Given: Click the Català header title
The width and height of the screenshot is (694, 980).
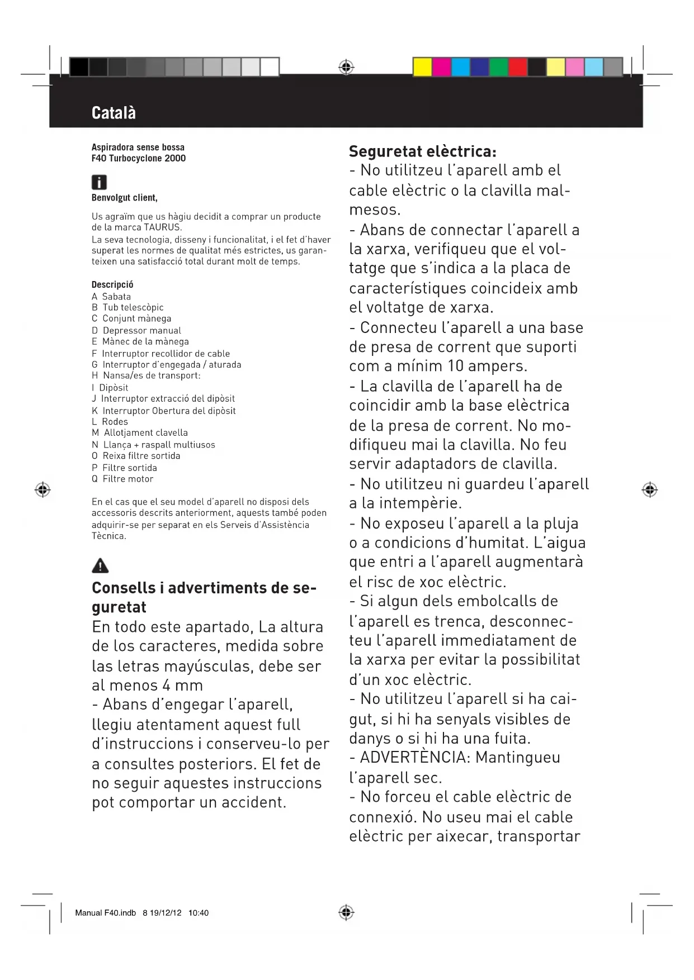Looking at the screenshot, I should click(114, 113).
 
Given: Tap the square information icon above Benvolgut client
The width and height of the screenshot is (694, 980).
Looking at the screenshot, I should click(99, 182).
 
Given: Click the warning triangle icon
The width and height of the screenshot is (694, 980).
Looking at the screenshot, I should click(100, 565).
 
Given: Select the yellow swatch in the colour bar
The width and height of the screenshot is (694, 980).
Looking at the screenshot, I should click(422, 67).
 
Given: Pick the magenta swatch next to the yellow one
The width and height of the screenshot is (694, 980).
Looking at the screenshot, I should click(442, 67).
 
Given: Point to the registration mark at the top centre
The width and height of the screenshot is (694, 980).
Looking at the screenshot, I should click(347, 68).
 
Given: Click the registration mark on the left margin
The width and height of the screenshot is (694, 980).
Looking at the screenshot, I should click(43, 490).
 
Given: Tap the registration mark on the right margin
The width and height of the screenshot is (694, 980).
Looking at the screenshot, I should click(649, 490).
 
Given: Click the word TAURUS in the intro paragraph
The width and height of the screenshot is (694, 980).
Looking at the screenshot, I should click(162, 227).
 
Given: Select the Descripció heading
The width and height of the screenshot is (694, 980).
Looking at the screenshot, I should click(112, 284).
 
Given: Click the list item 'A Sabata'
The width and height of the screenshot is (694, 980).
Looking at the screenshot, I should click(111, 297).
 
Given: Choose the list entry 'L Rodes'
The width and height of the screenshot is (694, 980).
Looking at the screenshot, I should click(110, 422).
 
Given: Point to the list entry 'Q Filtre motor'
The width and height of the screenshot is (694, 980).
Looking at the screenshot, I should click(122, 479).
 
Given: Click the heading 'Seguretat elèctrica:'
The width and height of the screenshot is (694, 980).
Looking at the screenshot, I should click(422, 151).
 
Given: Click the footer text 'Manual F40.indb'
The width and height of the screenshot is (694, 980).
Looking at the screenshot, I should click(105, 913).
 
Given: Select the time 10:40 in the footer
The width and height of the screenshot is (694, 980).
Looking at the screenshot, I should click(199, 913).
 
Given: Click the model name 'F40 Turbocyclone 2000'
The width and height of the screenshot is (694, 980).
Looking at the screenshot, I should click(139, 158).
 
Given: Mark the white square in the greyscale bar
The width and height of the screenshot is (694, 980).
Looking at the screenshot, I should click(270, 67).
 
